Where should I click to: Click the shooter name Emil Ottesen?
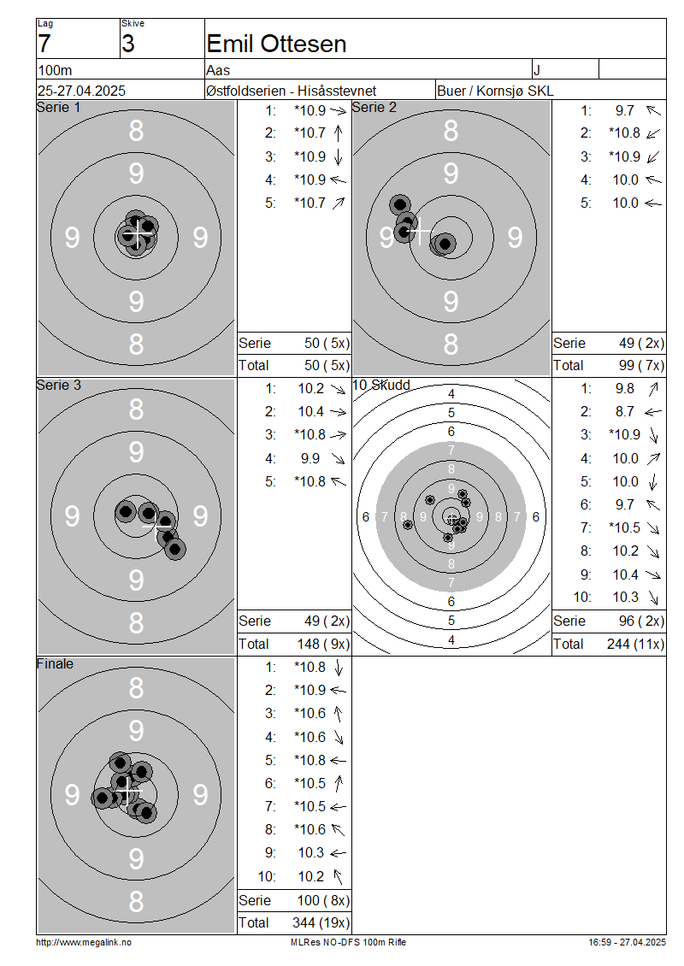276,44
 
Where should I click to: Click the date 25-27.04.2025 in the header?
81,91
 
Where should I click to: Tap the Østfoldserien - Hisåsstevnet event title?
291,91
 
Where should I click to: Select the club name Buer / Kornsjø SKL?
495,91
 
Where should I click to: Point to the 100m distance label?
55,70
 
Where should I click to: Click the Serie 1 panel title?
58,107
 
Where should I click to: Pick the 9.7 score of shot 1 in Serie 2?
624,110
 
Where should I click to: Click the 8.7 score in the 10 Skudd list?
624,411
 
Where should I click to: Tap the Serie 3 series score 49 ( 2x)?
327,621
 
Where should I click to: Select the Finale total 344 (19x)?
321,923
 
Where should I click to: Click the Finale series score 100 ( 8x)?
323,901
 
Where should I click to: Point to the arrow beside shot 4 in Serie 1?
338,180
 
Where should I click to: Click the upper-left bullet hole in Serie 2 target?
400,204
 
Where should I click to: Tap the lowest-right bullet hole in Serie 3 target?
175,548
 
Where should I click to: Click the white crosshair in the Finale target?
127,791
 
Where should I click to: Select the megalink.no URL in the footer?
84,943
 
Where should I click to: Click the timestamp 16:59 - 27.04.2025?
627,943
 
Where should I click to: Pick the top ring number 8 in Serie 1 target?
136,131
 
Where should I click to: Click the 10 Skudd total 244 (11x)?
635,644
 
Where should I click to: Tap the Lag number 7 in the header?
44,44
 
